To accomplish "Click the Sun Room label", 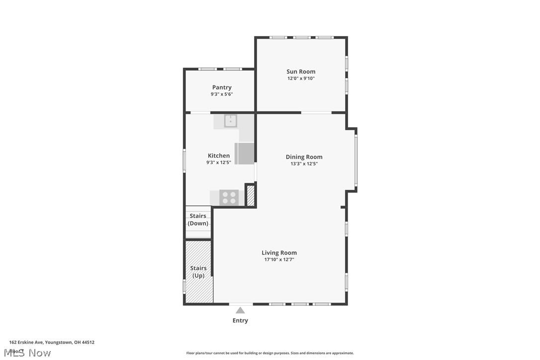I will point(300,72).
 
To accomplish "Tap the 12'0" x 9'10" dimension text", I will point(300,79).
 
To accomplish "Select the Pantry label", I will point(222,88).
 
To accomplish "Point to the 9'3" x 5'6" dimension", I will point(222,94).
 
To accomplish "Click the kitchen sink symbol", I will point(231,121).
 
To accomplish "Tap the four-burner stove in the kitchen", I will point(229,197).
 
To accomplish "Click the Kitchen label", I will point(219,156).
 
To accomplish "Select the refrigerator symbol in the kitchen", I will point(245,154).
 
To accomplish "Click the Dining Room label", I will point(304,157).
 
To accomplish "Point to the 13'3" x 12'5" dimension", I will point(304,164).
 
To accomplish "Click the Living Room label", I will point(279,253).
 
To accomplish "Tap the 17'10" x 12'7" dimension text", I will point(279,260).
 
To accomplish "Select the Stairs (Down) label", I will point(198,220).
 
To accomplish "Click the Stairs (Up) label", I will point(198,272).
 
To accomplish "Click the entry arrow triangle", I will point(240,310).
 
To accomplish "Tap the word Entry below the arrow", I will point(240,321).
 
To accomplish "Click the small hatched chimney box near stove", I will point(251,195).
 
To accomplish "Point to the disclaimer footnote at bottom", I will point(270,353).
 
